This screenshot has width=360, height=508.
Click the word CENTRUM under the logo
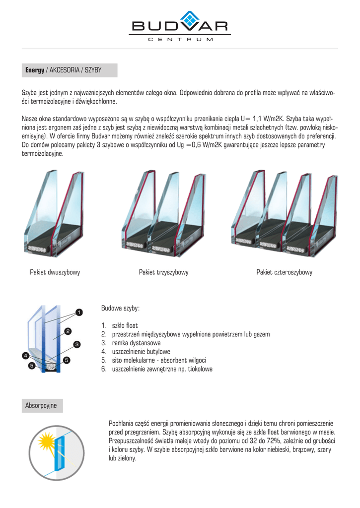[x=181, y=39]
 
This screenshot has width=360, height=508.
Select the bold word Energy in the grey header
[x=35, y=70]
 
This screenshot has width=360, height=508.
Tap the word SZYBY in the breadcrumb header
[x=93, y=70]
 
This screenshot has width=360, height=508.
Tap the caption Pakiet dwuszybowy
[x=55, y=272]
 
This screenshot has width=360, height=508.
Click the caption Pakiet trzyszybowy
[x=163, y=272]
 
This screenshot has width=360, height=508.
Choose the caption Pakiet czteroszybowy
[x=284, y=272]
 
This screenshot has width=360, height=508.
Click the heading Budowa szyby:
[x=120, y=308]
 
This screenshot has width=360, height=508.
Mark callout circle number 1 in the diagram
[x=78, y=313]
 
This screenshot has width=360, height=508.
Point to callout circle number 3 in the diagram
[x=77, y=344]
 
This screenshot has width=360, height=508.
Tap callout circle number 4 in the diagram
[x=25, y=355]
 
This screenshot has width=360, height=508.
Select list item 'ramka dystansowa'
[x=136, y=343]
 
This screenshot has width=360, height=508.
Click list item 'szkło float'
[x=125, y=325]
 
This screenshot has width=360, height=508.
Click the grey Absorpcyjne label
[x=41, y=405]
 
